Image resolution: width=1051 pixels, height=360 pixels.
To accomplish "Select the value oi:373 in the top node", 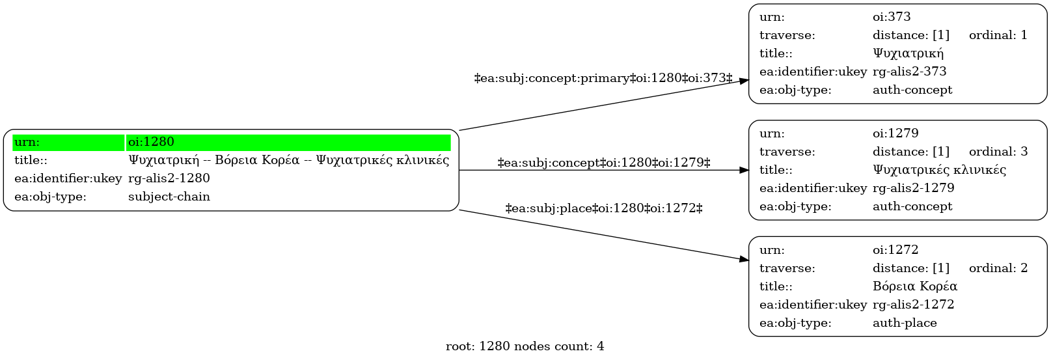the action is [x=892, y=17].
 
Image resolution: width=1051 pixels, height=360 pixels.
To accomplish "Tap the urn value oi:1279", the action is [x=895, y=133].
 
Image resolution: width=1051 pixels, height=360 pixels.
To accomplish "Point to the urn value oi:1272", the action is [x=895, y=250].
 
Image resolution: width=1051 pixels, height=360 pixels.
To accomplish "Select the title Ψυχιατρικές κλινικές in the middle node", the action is [x=939, y=169].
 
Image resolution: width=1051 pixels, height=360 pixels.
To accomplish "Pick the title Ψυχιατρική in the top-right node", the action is [x=908, y=53].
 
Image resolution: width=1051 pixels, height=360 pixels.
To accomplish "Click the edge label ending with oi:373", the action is [x=603, y=78].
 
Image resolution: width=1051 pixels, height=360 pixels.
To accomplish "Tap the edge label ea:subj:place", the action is [x=604, y=208].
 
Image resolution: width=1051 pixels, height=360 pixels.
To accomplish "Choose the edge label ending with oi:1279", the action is [x=604, y=163].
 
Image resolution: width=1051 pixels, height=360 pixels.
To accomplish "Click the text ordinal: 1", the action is [x=998, y=35].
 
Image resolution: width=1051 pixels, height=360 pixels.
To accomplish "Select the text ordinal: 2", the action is [x=998, y=268].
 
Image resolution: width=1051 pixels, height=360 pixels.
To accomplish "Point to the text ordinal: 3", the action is [x=998, y=152].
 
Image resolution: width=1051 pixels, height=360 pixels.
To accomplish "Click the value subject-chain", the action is [x=169, y=197].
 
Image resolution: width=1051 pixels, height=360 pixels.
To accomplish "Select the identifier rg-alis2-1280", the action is [x=169, y=178].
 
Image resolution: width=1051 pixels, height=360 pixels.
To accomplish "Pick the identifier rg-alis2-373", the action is [x=909, y=72].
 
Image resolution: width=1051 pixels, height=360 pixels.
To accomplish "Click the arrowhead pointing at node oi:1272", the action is [x=744, y=259].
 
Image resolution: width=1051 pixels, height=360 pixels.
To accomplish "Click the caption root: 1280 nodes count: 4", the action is [x=525, y=346].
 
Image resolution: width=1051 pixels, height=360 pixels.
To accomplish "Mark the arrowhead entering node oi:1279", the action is [x=744, y=170].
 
